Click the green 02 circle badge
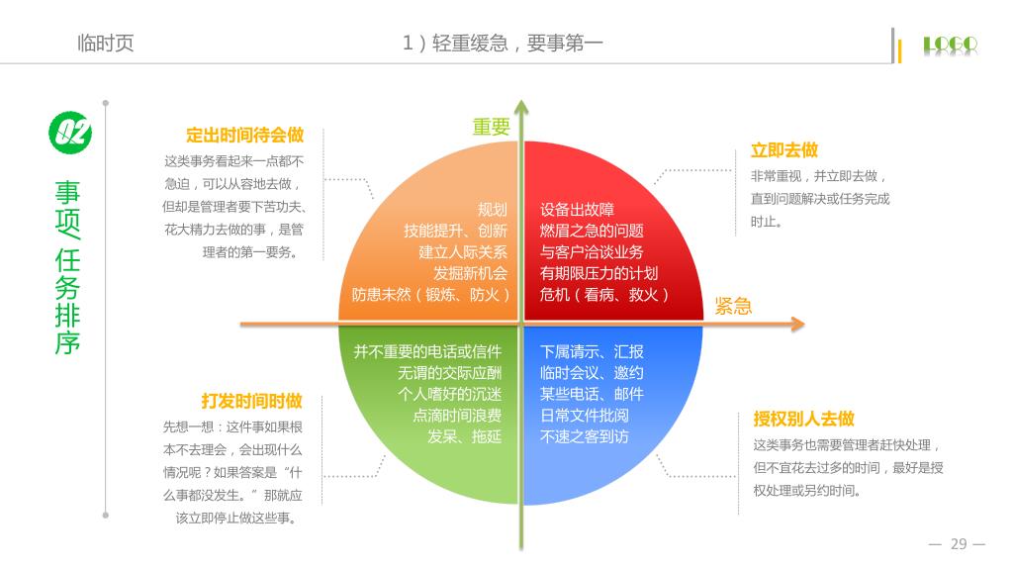70,132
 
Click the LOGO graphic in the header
950,45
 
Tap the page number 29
958,543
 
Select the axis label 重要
491,127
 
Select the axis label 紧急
733,306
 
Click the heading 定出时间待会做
244,136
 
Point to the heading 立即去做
784,150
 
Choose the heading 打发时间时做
251,401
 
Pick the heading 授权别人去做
803,419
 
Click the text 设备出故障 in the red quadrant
577,210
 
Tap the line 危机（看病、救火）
604,295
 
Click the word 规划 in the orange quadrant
492,210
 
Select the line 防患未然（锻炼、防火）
431,295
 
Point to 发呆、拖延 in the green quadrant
464,436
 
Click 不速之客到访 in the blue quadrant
584,436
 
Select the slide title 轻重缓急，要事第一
517,43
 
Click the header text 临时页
105,44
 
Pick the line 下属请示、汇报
592,351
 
